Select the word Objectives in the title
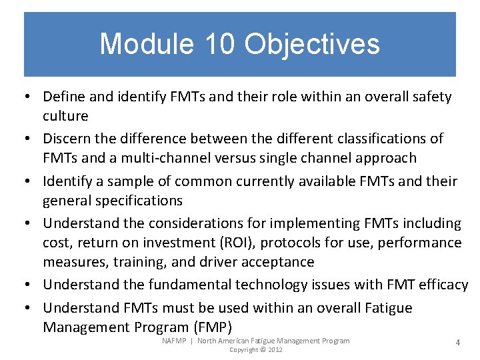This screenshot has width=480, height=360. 312,45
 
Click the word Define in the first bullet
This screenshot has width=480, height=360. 64,97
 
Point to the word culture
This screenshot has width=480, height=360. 65,116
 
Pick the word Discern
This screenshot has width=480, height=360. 67,139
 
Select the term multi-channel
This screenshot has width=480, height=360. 149,158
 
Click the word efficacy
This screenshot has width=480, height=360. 443,285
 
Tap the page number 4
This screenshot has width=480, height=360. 457,342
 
